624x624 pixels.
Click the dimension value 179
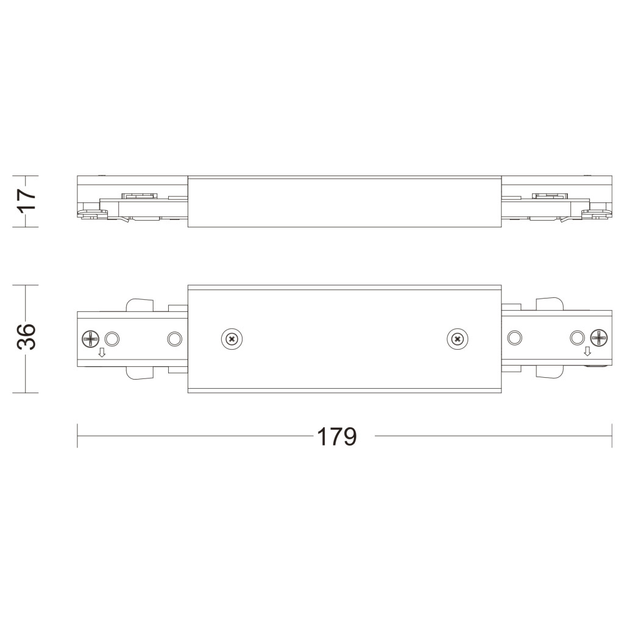click(336, 436)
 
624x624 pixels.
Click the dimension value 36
click(27, 336)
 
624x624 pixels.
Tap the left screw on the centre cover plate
click(232, 339)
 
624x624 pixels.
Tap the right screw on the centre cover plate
click(457, 339)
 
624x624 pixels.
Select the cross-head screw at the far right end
click(599, 338)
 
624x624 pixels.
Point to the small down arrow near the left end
click(102, 352)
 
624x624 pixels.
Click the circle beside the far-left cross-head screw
click(112, 339)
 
